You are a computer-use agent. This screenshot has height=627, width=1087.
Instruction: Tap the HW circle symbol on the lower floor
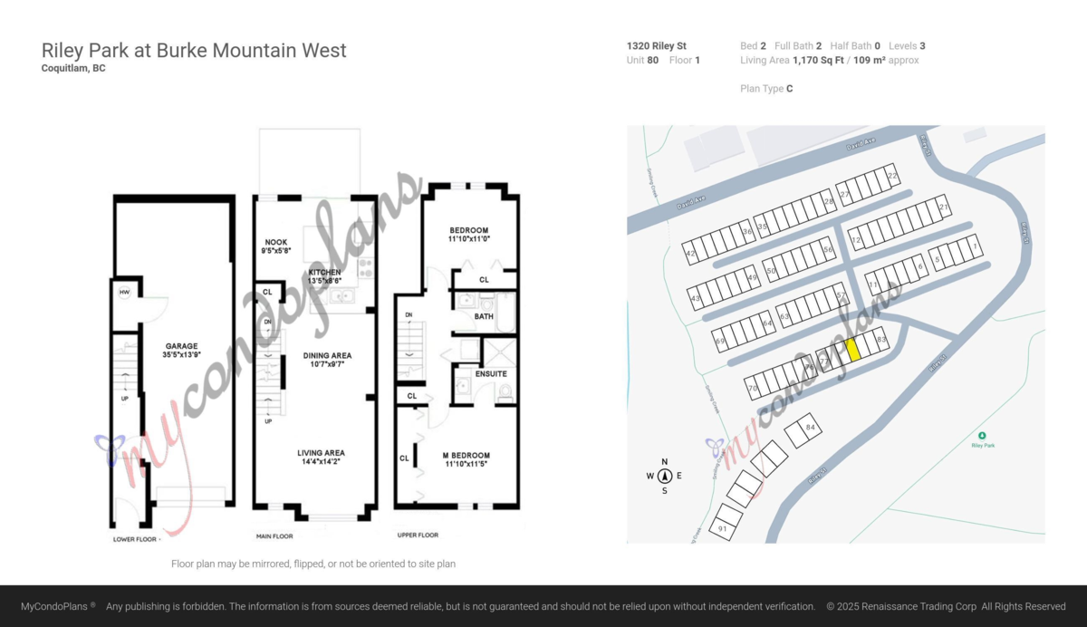[124, 292]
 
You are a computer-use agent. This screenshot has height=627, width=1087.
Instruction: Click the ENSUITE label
[491, 373]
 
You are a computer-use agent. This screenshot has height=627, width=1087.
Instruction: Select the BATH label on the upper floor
[483, 316]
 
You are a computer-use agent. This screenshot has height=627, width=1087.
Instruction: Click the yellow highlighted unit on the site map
[852, 350]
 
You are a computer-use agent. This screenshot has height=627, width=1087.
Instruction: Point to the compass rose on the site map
[664, 476]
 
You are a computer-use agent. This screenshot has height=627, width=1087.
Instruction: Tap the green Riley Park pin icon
[983, 435]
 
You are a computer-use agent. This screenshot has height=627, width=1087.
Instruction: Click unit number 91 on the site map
[722, 528]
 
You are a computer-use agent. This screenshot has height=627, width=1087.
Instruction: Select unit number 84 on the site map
[810, 427]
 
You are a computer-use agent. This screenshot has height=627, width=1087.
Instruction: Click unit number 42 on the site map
[690, 255]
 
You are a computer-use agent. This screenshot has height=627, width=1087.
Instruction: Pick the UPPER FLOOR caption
[418, 535]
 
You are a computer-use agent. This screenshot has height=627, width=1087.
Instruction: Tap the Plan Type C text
[766, 89]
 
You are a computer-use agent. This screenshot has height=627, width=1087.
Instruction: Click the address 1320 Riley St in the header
[656, 45]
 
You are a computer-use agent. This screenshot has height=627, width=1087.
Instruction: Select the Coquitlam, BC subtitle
[73, 68]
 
